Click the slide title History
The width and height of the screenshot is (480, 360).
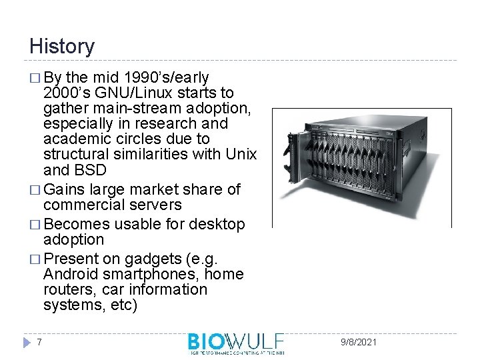coord(62,47)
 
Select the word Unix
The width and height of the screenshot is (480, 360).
coord(241,155)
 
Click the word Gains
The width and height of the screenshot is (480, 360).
coord(66,189)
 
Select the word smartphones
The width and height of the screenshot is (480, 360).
coord(150,274)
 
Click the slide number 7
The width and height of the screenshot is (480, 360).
coord(40,342)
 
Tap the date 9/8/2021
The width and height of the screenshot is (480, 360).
coord(357,342)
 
